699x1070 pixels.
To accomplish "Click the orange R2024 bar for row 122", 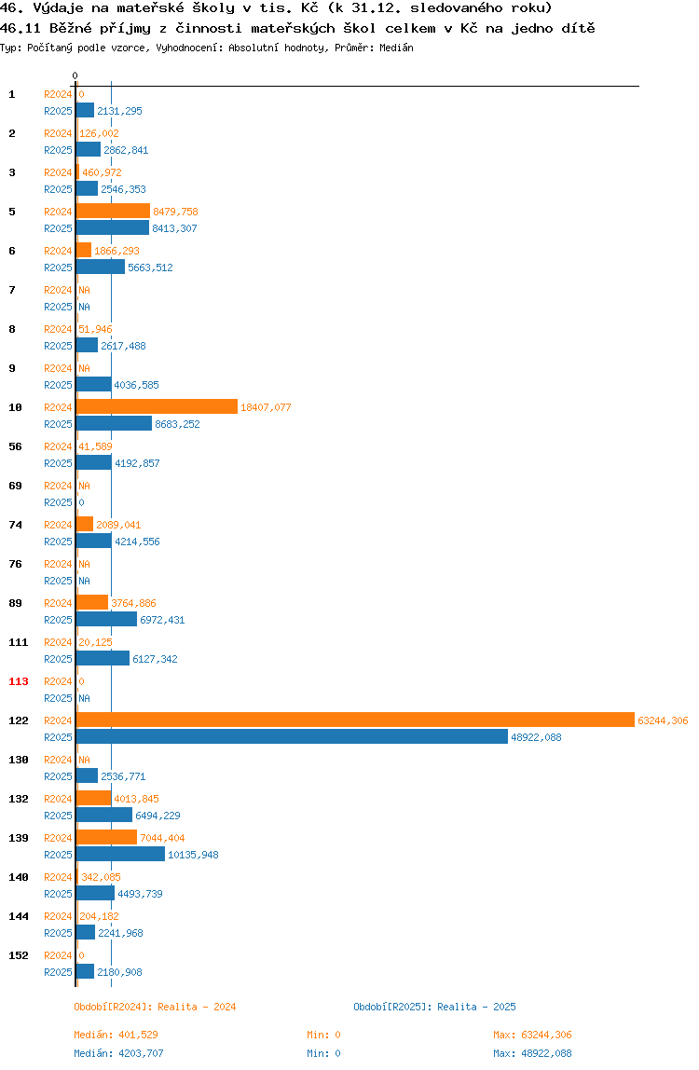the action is pyautogui.click(x=355, y=720).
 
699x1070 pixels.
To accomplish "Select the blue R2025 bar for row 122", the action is pyautogui.click(x=292, y=737).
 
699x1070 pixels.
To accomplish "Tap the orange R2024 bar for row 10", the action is pyautogui.click(x=157, y=406).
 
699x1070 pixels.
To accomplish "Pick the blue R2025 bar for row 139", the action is pyautogui.click(x=121, y=855).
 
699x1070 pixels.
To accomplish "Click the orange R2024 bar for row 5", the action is pyautogui.click(x=114, y=211).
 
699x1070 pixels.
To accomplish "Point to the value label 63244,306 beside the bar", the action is pyautogui.click(x=663, y=720).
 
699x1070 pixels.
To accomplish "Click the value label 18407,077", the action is pyautogui.click(x=266, y=407).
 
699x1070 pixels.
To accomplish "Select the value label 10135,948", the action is pyautogui.click(x=193, y=855).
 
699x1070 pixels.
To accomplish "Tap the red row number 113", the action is pyautogui.click(x=19, y=681).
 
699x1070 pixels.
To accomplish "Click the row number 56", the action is pyautogui.click(x=15, y=447).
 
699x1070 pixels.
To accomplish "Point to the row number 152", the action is pyautogui.click(x=19, y=956).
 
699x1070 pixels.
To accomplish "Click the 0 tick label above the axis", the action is pyautogui.click(x=75, y=75).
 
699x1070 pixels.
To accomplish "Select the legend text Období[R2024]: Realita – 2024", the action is pyautogui.click(x=155, y=1007).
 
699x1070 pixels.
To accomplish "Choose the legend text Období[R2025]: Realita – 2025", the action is pyautogui.click(x=435, y=1007).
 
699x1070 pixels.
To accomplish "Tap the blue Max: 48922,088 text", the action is pyautogui.click(x=532, y=1053).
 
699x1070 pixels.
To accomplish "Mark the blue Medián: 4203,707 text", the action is pyautogui.click(x=118, y=1053).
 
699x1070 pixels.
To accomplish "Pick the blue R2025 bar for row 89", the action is pyautogui.click(x=106, y=620).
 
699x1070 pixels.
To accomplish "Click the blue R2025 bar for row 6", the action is pyautogui.click(x=101, y=267).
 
